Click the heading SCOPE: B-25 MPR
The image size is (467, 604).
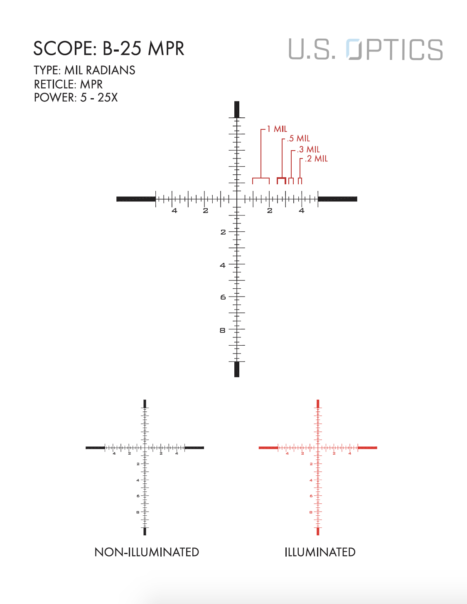point(108,49)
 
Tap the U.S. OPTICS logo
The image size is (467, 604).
point(366,50)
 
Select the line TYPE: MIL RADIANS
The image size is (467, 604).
point(84,70)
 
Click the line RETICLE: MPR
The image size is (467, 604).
point(68,84)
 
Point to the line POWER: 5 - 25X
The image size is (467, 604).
point(76,98)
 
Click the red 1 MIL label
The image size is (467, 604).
point(277,129)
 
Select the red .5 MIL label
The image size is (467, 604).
point(298,139)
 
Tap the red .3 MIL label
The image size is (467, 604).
point(308,149)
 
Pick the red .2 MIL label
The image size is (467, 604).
point(316,159)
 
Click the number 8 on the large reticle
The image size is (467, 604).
point(222,330)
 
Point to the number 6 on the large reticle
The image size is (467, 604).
point(223,297)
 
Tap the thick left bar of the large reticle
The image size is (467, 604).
point(136,199)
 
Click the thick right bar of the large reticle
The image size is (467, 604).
point(337,199)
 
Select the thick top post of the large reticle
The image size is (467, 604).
point(237,109)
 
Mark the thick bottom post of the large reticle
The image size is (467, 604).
point(237,369)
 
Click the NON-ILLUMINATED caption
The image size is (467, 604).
point(147,552)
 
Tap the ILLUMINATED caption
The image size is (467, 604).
point(320,552)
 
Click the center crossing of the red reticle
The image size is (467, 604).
point(318,448)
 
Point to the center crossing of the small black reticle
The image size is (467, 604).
point(145,448)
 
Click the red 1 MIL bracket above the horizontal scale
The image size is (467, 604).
point(261,179)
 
